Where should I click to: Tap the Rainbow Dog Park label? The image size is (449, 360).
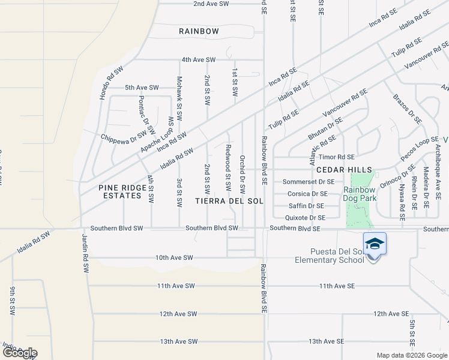(359, 194)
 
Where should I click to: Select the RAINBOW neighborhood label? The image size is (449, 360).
(199, 31)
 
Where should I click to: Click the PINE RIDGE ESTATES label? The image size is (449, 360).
(122, 192)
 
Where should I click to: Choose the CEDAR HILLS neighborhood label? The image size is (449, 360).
(345, 170)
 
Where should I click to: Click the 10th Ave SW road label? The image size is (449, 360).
(174, 258)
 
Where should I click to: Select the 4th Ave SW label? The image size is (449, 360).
(199, 60)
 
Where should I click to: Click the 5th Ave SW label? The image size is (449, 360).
(142, 88)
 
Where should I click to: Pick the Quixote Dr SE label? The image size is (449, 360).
(305, 218)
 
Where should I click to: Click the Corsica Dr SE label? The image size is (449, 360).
(307, 194)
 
